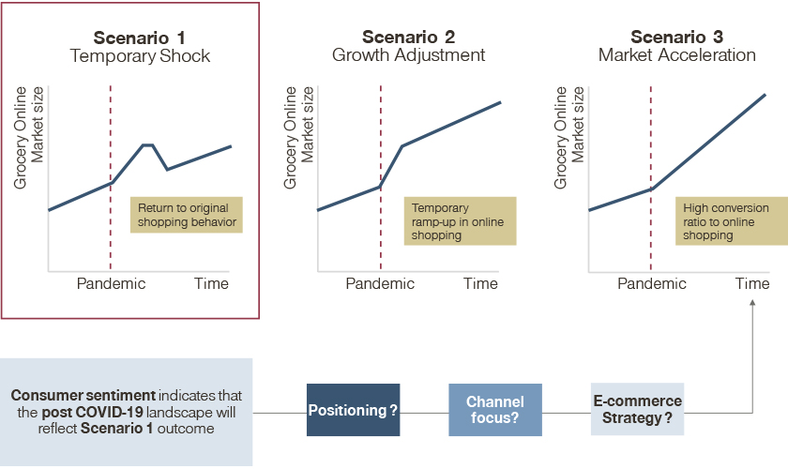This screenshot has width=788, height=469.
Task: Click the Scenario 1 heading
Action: [139, 38]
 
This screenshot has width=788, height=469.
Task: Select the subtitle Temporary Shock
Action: [140, 55]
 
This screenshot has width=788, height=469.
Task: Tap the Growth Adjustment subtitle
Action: [409, 54]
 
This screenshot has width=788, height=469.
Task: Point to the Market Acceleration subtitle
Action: [677, 54]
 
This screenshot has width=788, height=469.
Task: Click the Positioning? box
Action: [354, 410]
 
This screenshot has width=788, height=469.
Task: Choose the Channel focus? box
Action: [495, 410]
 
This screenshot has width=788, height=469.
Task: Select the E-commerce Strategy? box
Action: [637, 409]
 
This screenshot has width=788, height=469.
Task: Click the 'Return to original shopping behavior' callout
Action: [187, 215]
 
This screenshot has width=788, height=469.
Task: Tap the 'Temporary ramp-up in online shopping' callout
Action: [460, 221]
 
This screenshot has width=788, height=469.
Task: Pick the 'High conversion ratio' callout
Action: [731, 221]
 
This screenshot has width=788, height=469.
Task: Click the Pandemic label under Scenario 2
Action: [380, 283]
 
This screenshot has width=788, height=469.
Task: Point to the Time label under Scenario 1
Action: [212, 283]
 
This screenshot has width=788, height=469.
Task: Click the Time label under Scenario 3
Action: [752, 283]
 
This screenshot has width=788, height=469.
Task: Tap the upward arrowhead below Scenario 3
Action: [752, 303]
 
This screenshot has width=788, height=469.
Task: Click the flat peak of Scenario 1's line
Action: [148, 144]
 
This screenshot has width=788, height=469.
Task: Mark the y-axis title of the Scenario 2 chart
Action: [298, 137]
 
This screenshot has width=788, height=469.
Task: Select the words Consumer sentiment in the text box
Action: [83, 395]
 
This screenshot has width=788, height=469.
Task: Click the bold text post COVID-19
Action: [92, 412]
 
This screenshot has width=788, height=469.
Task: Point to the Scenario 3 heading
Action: [676, 37]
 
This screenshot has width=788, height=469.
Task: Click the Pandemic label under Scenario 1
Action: [111, 283]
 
